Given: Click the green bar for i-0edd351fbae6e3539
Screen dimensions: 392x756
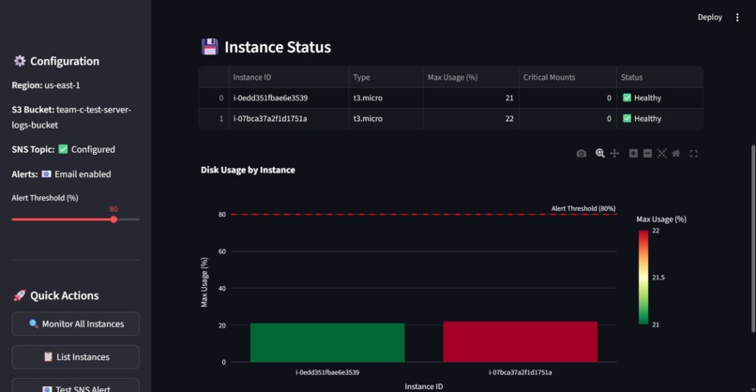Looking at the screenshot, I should pyautogui.click(x=327, y=342).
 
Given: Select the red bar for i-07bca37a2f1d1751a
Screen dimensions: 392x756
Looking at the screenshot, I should pyautogui.click(x=521, y=341).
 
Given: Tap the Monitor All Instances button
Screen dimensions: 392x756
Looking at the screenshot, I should pyautogui.click(x=76, y=324).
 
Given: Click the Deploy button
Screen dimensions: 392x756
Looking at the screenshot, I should pyautogui.click(x=710, y=17).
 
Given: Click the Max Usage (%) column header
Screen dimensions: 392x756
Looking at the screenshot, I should pyautogui.click(x=452, y=77).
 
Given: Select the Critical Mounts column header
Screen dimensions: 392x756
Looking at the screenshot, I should pyautogui.click(x=549, y=77).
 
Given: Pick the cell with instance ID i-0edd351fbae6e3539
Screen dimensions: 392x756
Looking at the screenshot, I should pyautogui.click(x=270, y=98).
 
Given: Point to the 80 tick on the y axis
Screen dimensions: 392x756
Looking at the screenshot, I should pyautogui.click(x=222, y=215).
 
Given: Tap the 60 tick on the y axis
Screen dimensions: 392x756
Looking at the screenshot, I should pyautogui.click(x=222, y=251).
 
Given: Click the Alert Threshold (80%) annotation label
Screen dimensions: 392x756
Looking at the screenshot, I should pyautogui.click(x=583, y=208).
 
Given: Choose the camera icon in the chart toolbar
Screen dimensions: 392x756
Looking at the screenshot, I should pyautogui.click(x=582, y=153).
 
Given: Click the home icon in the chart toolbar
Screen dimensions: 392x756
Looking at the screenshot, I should pyautogui.click(x=676, y=153).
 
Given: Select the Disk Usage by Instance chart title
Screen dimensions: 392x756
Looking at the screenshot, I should pyautogui.click(x=248, y=170).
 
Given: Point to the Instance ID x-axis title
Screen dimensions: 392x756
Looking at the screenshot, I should pyautogui.click(x=424, y=385).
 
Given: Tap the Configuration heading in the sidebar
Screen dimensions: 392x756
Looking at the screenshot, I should pyautogui.click(x=64, y=61).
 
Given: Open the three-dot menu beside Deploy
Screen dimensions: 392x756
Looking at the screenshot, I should pyautogui.click(x=737, y=17).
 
